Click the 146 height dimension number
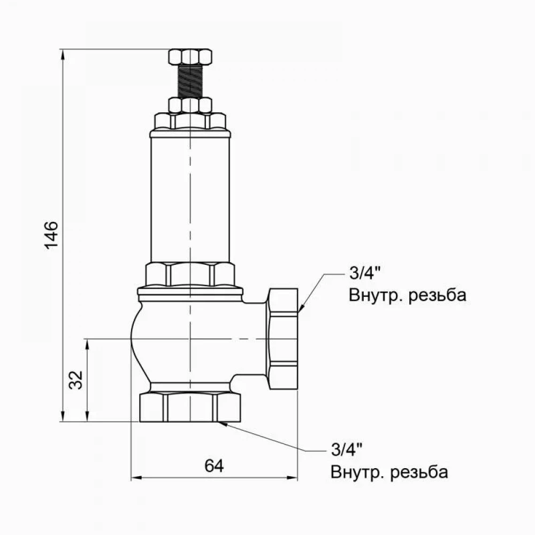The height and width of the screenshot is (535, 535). pos(51,234)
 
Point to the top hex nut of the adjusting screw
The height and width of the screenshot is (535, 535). pos(190,56)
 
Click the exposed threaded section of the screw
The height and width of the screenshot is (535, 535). pos(190,80)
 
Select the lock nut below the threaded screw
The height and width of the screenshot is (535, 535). pos(190,104)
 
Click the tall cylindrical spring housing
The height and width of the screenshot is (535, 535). pos(190,198)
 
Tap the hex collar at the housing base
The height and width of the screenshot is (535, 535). pos(190,274)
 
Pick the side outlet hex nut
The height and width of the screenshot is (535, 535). pos(283,338)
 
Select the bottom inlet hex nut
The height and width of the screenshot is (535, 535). pos(190,408)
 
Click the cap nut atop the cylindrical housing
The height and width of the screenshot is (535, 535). pos(190,121)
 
